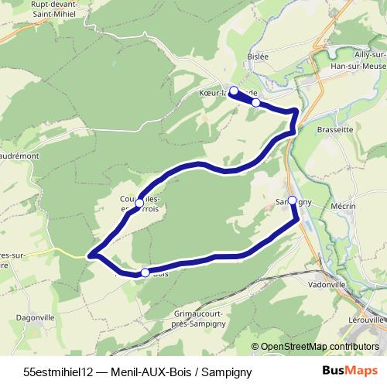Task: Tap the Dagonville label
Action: (x=36, y=317)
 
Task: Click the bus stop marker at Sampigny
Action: (x=292, y=200)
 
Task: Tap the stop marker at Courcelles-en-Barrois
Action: (x=139, y=203)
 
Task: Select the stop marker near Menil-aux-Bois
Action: (x=145, y=272)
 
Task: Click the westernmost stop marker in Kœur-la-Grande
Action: (x=234, y=91)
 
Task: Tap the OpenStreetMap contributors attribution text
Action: (x=320, y=348)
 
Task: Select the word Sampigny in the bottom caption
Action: (x=225, y=372)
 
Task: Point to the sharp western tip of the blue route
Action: (x=91, y=255)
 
